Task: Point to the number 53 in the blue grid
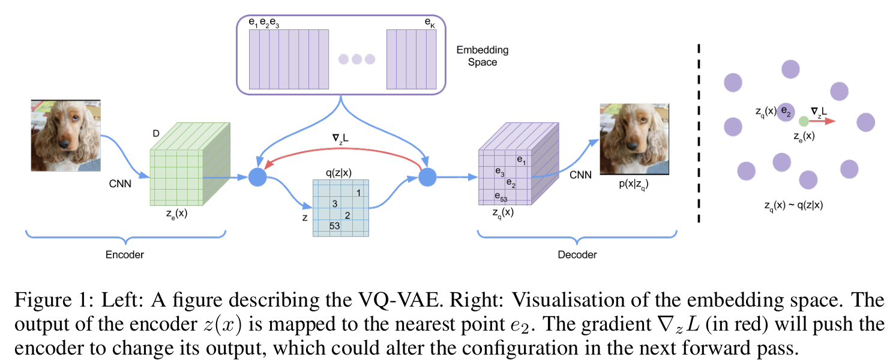[335, 226]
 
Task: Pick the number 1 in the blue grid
[358, 193]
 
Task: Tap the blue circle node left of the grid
[257, 177]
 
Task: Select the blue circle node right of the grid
[427, 177]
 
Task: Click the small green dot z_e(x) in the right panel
[804, 121]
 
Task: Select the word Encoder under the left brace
[125, 255]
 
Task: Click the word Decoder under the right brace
[577, 255]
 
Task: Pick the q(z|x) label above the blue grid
[338, 173]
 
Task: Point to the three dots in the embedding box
[356, 59]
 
